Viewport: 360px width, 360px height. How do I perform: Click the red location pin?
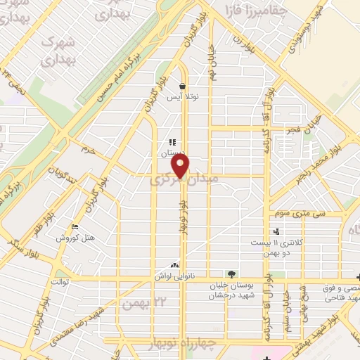point(181,166)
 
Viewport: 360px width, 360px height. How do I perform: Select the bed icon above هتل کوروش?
point(75,226)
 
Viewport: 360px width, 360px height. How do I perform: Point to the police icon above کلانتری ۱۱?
point(276,231)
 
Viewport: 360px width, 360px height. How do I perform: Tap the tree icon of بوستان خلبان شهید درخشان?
point(231,274)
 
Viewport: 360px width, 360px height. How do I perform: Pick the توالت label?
point(57,282)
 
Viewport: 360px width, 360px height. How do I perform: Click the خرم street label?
point(88,149)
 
